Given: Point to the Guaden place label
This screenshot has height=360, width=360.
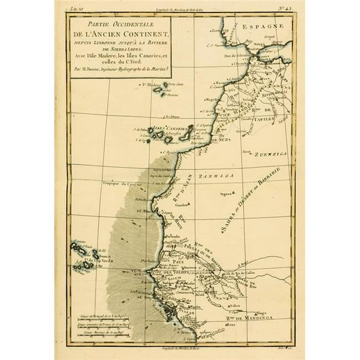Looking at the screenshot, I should (182, 204).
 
